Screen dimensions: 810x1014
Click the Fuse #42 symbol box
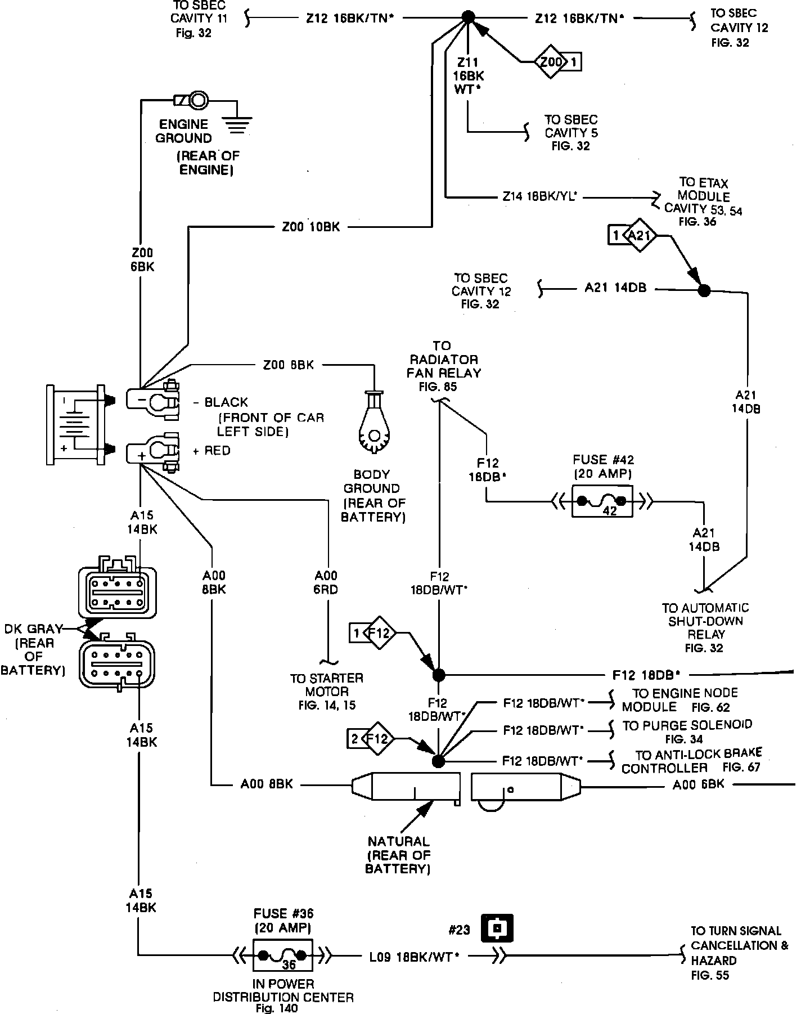[x=602, y=501]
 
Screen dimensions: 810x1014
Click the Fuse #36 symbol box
[x=282, y=954]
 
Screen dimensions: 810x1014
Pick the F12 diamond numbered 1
[x=372, y=633]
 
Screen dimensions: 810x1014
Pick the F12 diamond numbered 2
[x=371, y=738]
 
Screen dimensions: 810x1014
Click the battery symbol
[x=76, y=424]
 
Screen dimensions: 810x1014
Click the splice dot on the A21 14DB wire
[x=704, y=290]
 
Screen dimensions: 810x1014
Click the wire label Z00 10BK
[x=310, y=227]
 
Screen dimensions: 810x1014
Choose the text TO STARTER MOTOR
[x=327, y=685]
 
